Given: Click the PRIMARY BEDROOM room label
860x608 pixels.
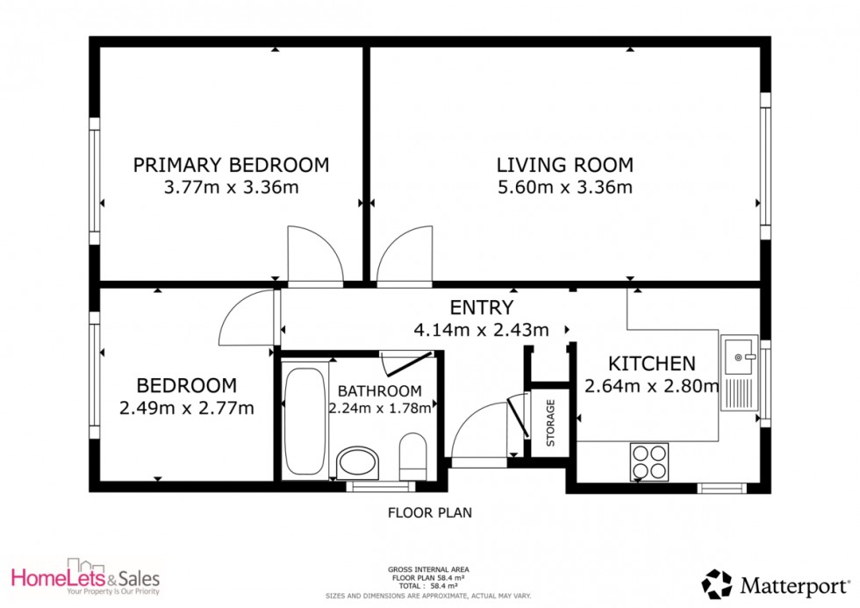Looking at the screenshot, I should pos(231,164).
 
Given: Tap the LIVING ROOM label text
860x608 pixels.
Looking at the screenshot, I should pos(564,164).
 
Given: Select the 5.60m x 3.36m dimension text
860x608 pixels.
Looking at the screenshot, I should pos(564,187).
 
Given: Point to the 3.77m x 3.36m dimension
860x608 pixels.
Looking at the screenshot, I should pos(231,187).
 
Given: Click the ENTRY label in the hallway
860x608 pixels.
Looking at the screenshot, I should pos(481,307).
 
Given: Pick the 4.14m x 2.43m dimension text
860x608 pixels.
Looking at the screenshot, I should pos(481,330).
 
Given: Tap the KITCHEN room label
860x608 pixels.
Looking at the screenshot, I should pos(652,363).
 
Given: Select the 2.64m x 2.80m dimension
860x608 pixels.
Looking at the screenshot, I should pos(652,386).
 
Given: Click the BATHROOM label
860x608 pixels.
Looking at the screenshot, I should pos(379,390).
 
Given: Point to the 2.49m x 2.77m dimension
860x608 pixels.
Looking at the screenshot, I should pos(186,407).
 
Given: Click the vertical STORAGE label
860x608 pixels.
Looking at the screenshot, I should pos(551,424).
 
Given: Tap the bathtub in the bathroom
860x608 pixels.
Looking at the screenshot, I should pos(305,421).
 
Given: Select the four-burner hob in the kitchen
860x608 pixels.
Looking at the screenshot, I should pos(649,461).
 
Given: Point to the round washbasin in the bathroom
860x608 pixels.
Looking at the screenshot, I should pos(358,462).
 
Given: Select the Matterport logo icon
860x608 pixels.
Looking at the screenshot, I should pos(716,583).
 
